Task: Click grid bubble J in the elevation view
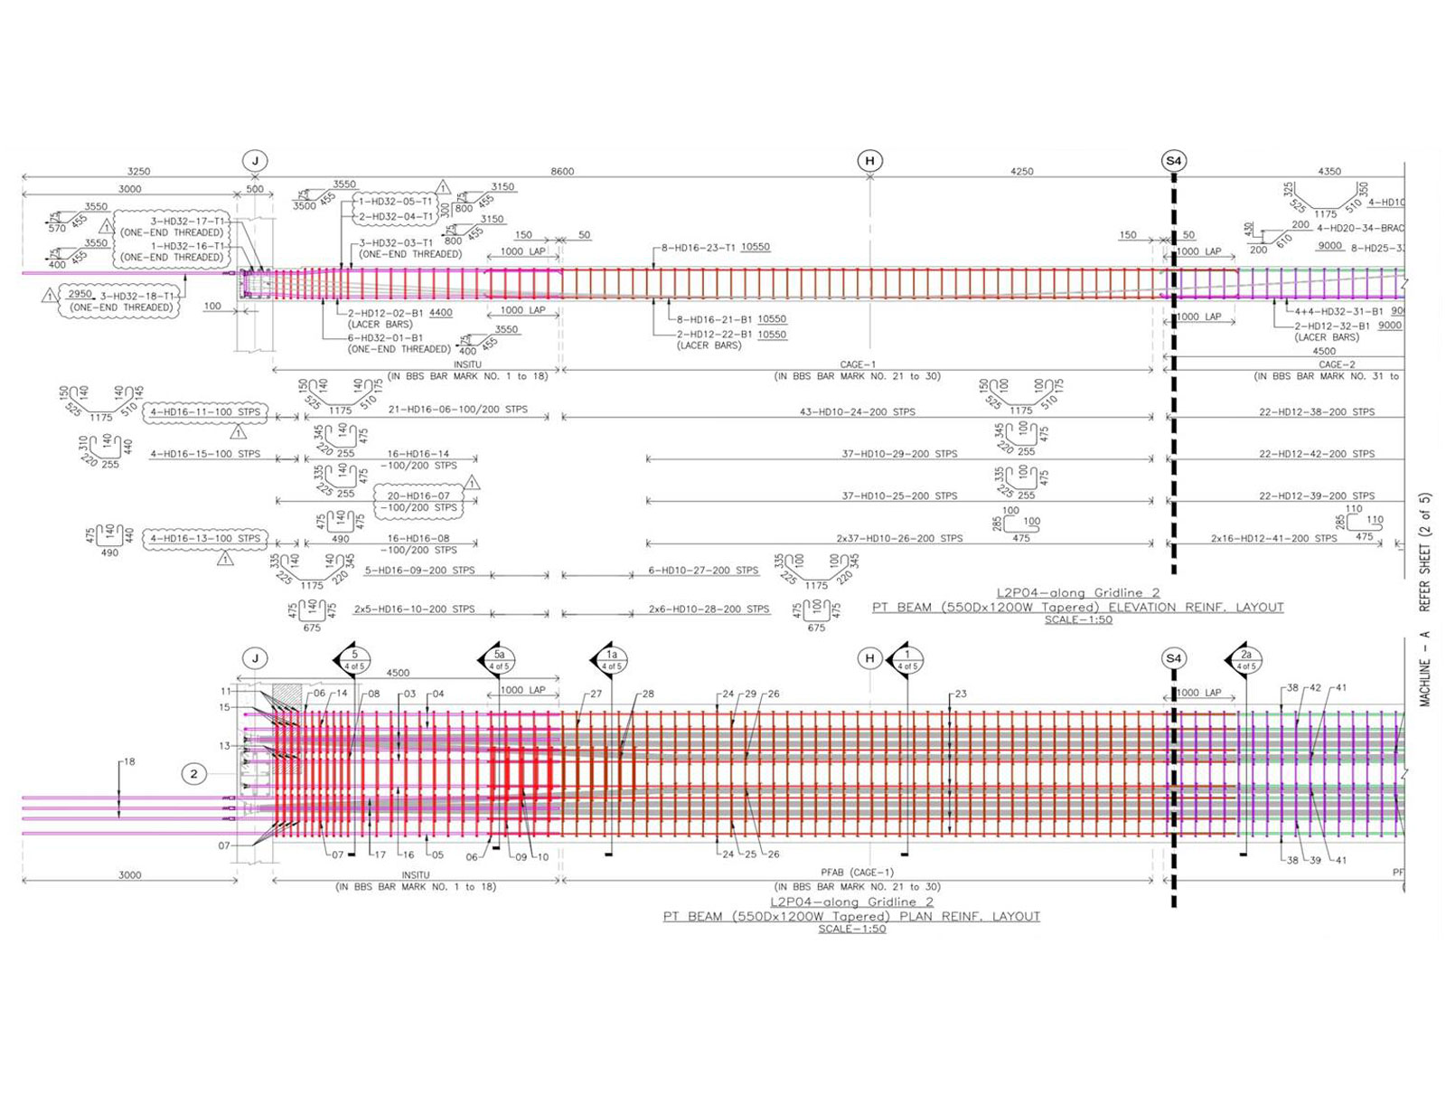(255, 161)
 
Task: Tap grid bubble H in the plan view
(869, 658)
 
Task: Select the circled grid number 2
(193, 773)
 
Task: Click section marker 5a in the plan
(499, 658)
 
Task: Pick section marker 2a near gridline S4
(1246, 658)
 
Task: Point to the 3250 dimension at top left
(138, 171)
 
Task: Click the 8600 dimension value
(562, 171)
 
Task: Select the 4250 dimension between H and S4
(1021, 171)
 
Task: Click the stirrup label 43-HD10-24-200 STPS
(857, 411)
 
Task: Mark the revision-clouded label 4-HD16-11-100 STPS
(205, 411)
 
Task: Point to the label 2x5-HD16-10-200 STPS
(414, 609)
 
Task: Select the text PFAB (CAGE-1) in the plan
(857, 873)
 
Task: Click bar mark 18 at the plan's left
(129, 761)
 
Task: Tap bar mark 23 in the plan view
(961, 694)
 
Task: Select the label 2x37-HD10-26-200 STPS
(899, 538)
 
